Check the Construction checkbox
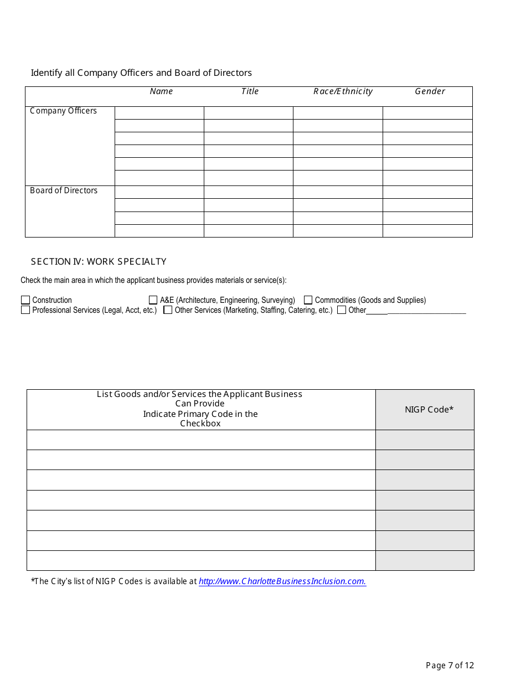[25, 300]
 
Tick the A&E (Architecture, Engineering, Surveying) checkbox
[153, 300]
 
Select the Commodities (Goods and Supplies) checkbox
[308, 300]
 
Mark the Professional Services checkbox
[25, 310]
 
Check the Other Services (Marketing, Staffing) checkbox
[168, 310]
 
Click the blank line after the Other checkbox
[426, 311]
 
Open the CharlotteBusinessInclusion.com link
[282, 581]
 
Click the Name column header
[161, 91]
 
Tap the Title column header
[250, 91]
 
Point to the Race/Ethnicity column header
[343, 91]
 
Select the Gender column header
[430, 91]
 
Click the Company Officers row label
[63, 111]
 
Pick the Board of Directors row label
[64, 190]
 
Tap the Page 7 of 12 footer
[450, 665]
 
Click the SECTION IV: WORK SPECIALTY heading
[99, 261]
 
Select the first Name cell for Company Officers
[159, 113]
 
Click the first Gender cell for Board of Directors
[427, 192]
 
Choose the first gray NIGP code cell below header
[425, 440]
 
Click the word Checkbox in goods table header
[200, 424]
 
